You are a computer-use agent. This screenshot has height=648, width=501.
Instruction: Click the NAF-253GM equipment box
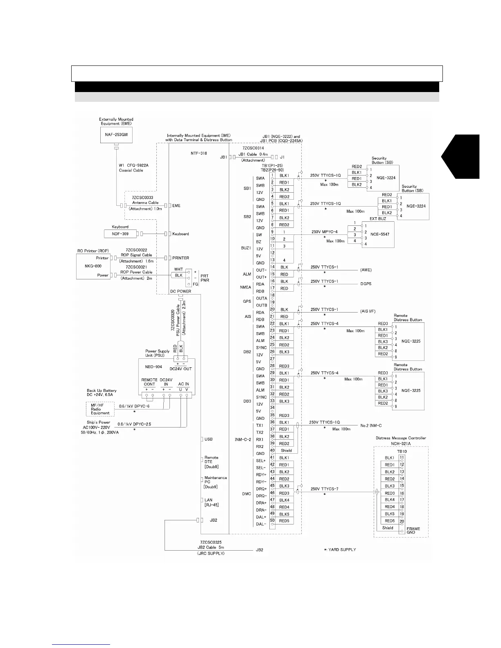(x=116, y=134)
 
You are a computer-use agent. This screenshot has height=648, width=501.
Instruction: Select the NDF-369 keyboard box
(x=120, y=234)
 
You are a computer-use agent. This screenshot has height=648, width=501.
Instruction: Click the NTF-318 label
(x=199, y=153)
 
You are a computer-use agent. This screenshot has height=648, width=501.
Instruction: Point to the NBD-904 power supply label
(x=154, y=367)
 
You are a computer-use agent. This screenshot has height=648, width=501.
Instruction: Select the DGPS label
(x=366, y=284)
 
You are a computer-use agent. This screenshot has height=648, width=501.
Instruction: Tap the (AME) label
(x=366, y=270)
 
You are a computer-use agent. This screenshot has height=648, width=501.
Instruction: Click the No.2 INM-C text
(x=371, y=426)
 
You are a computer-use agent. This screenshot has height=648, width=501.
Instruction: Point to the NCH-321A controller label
(x=400, y=443)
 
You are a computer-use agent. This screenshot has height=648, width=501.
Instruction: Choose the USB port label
(x=208, y=439)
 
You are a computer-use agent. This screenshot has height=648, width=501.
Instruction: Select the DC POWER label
(x=181, y=292)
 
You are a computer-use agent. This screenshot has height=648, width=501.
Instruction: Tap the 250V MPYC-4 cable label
(x=324, y=232)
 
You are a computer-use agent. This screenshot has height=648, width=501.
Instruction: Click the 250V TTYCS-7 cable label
(x=324, y=489)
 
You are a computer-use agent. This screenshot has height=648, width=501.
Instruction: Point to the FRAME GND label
(x=413, y=530)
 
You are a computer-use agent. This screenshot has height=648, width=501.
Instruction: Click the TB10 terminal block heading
(x=402, y=452)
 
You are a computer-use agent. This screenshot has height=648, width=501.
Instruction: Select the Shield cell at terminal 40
(x=286, y=450)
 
